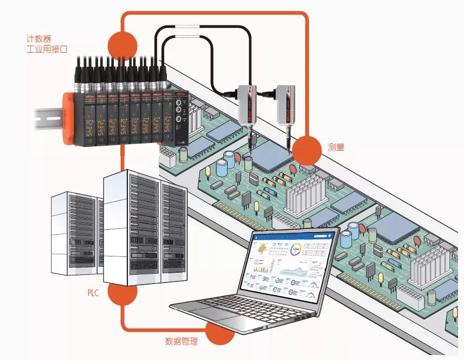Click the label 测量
pos(336,147)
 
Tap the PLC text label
pos(93,293)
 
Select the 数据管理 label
pos(182,342)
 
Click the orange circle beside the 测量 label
pos(307,150)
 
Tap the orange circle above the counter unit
pos(123,42)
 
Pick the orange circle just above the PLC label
pos(123,293)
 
